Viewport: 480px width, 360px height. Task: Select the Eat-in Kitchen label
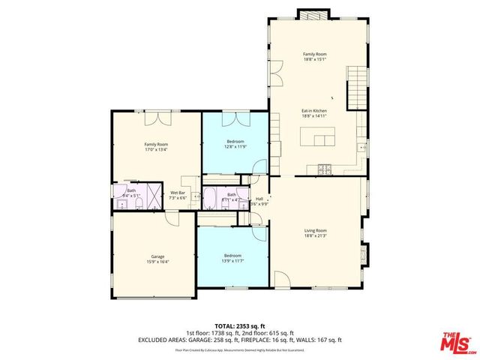314,110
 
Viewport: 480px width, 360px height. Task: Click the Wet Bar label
178,193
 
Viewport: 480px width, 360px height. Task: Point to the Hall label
259,199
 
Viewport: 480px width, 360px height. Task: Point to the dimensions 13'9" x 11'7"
233,260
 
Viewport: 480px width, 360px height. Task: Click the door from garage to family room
172,218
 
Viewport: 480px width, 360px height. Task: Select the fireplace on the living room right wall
365,253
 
